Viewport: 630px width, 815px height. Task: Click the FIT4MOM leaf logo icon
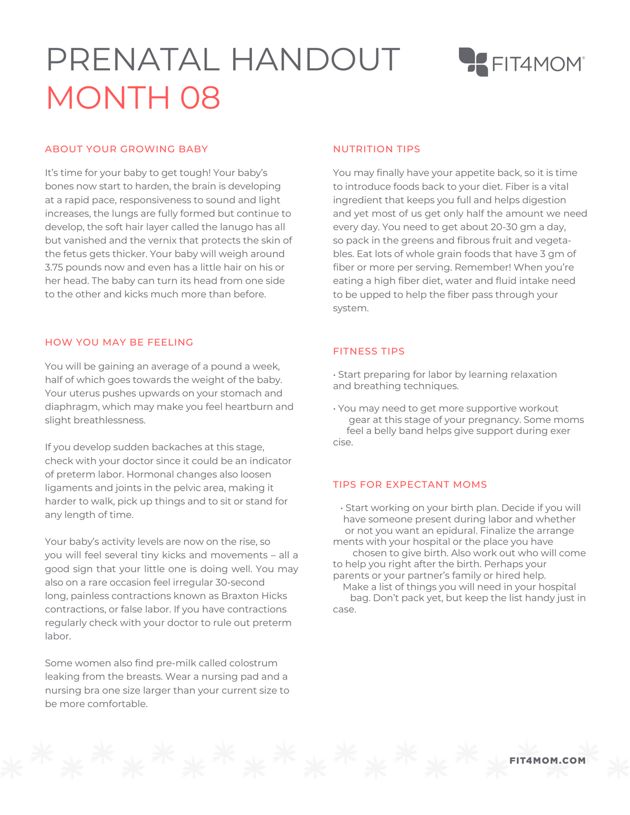click(473, 62)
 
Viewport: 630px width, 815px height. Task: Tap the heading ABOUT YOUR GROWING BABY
click(127, 149)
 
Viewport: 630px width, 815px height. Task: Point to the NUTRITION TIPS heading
click(376, 149)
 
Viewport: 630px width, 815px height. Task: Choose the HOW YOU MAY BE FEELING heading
click(119, 342)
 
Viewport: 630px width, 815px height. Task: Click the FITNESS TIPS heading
click(369, 351)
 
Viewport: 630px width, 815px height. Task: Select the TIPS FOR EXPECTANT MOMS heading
click(410, 484)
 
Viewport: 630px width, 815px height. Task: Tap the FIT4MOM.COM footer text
click(547, 760)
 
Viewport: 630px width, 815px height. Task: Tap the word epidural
click(456, 531)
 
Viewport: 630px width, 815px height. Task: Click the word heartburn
click(248, 407)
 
